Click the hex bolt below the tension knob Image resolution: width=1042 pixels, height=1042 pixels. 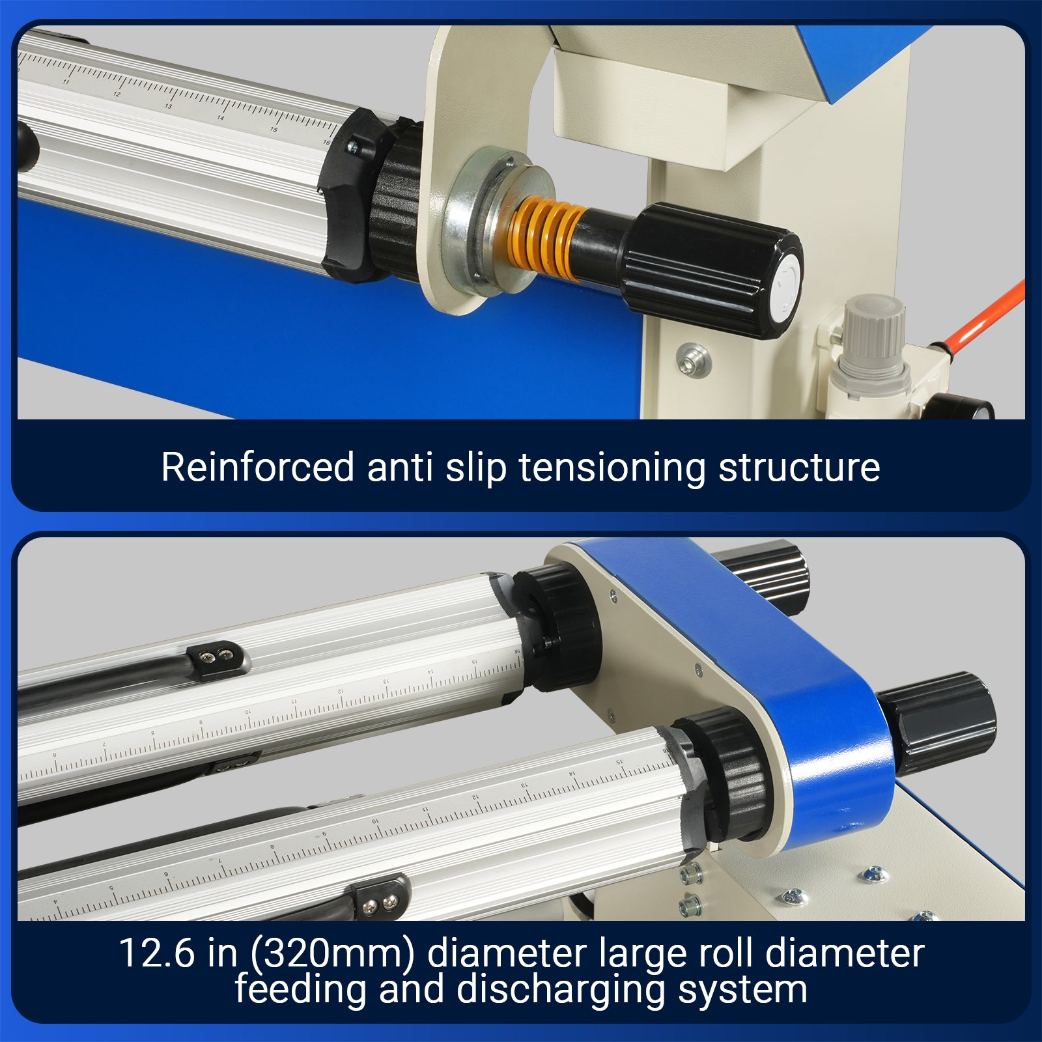tap(693, 358)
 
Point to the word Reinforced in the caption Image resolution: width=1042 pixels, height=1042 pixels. tap(257, 467)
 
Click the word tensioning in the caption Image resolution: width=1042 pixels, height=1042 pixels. tap(612, 468)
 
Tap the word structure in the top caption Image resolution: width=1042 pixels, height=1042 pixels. tap(799, 468)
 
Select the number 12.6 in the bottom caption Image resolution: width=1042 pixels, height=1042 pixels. tap(156, 953)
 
